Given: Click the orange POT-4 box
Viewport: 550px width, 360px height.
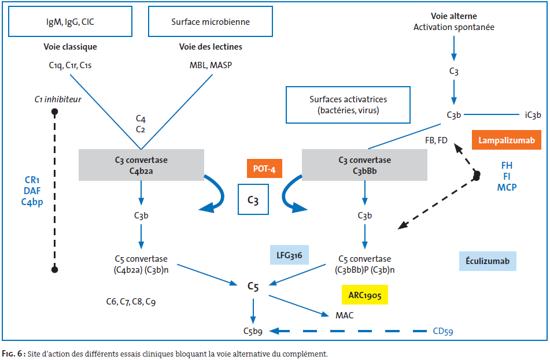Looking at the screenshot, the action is (264, 169).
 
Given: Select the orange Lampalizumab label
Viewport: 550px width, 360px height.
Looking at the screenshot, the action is (507, 140).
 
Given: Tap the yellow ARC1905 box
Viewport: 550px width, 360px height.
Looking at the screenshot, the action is (365, 295).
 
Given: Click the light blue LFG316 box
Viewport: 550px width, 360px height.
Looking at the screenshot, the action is (289, 255).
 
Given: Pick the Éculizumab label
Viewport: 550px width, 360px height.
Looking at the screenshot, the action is (488, 261).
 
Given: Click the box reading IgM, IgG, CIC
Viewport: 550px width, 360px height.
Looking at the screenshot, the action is (70, 22).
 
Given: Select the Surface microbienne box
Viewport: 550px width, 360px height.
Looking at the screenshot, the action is (211, 22).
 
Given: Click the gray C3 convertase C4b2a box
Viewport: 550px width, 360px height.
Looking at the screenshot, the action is (141, 165).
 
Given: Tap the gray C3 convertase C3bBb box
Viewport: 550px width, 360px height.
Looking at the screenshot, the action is (365, 165).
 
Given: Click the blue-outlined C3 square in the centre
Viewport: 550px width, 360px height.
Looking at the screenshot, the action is (253, 200).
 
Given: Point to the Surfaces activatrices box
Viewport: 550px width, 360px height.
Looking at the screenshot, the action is (348, 105).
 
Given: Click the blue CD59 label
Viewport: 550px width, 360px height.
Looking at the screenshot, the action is (443, 331).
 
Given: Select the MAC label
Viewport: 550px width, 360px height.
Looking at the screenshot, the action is (345, 316).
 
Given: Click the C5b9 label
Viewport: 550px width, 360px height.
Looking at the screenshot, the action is (253, 331).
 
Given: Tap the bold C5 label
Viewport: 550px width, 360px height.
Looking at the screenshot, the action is (253, 287).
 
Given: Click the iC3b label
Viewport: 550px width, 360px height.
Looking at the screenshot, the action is (533, 115).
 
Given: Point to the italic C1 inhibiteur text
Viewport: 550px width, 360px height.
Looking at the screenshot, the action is (58, 99).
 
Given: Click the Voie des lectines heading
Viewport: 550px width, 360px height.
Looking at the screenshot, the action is (211, 47).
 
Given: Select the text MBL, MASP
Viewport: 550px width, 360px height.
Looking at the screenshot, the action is (211, 65).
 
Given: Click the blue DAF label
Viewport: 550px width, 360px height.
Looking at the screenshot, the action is (32, 191).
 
